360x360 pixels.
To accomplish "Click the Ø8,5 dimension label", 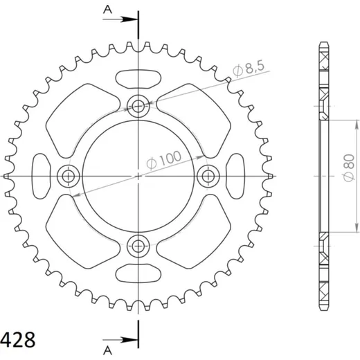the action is (248, 69).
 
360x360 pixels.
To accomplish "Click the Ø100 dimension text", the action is (164, 160).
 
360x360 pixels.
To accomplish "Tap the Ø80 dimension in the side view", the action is (349, 168).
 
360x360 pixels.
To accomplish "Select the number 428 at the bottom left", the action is (17, 340).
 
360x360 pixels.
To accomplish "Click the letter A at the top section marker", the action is (107, 10).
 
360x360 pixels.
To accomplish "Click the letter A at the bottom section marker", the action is (107, 351).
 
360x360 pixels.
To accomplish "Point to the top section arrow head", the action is (130, 19).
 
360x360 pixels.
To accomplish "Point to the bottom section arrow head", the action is (130, 340).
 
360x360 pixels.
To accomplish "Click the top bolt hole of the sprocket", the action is (138, 107).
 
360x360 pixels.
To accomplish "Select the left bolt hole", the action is (69, 177).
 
